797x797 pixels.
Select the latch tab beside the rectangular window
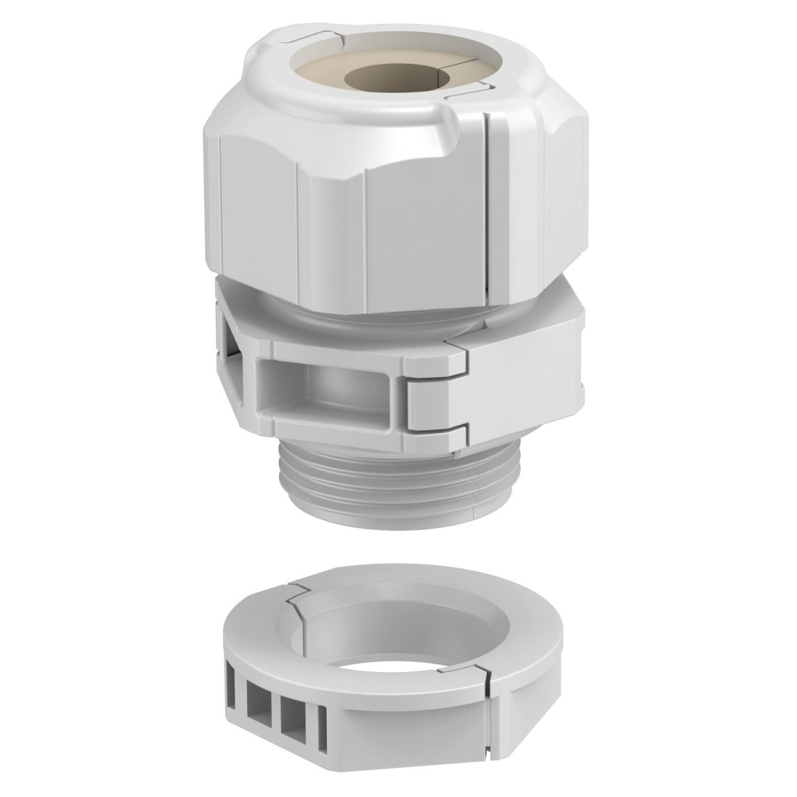(x=435, y=393)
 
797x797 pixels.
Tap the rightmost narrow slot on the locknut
(x=323, y=721)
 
